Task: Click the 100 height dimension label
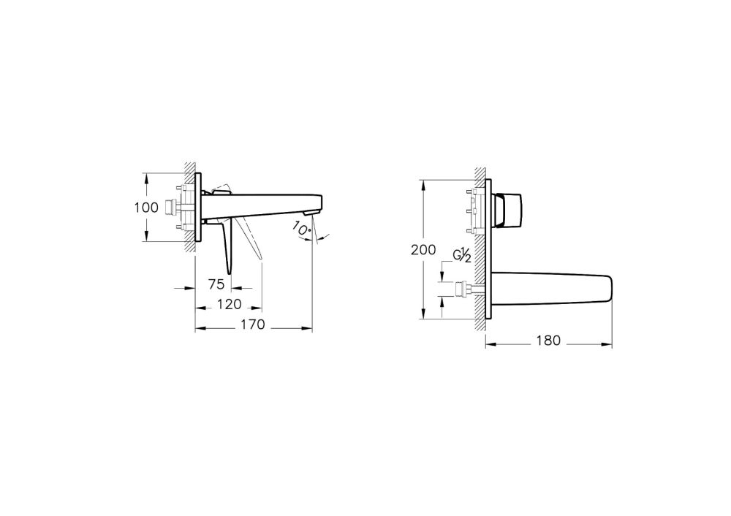[x=146, y=208]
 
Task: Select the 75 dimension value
[x=216, y=285]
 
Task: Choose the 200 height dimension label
[x=423, y=249]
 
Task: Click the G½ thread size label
[x=461, y=255]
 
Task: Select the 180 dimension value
[x=548, y=341]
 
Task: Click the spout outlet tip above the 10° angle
[x=314, y=211]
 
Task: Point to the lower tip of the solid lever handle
[x=230, y=272]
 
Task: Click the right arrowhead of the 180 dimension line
[x=610, y=341]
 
